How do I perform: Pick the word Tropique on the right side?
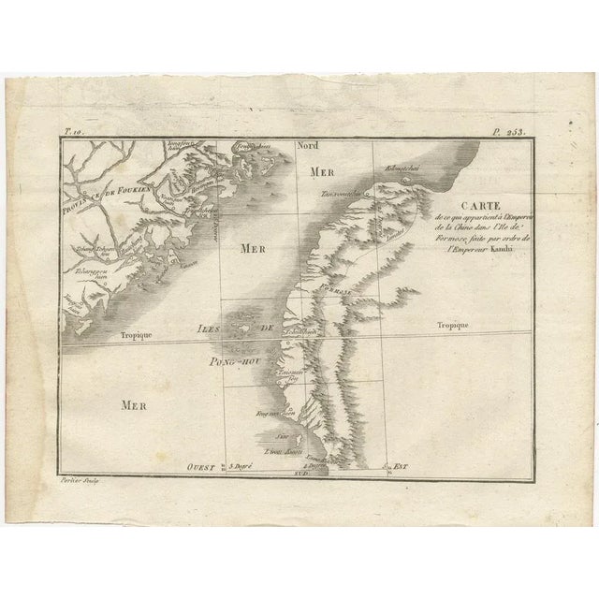click(x=452, y=324)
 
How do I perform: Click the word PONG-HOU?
click(x=239, y=356)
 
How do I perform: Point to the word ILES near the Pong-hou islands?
click(x=212, y=329)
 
